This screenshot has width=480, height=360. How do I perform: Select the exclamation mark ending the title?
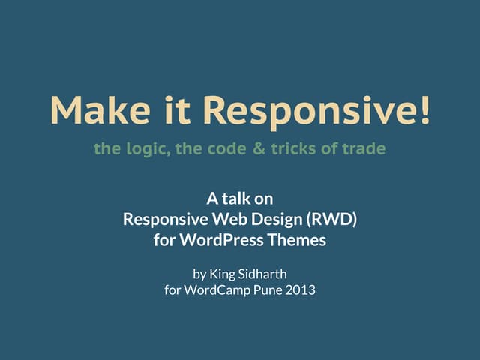[x=425, y=111]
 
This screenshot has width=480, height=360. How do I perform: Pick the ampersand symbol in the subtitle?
[x=259, y=148]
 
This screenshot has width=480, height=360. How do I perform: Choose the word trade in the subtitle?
[x=364, y=148]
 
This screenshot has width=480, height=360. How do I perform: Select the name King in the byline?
[x=222, y=272]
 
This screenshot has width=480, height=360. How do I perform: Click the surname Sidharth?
[x=262, y=272]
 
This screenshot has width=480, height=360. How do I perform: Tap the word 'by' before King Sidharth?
[x=199, y=273]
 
